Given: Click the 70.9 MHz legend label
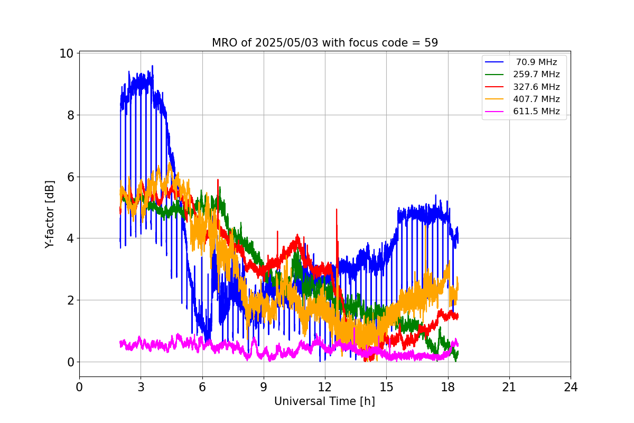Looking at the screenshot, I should pyautogui.click(x=536, y=62).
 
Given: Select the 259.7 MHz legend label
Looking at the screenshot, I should pyautogui.click(x=536, y=75).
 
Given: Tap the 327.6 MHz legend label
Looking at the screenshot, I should pyautogui.click(x=536, y=87).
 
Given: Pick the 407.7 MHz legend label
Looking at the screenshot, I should pyautogui.click(x=536, y=99).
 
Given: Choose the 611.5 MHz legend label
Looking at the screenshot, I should pyautogui.click(x=536, y=111).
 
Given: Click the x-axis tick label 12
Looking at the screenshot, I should pyautogui.click(x=325, y=387).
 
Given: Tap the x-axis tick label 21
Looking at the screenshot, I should pyautogui.click(x=509, y=387).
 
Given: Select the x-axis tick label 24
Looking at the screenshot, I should pyautogui.click(x=571, y=387).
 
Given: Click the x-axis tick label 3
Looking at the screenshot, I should pyautogui.click(x=141, y=387).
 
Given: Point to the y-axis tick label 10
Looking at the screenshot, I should pyautogui.click(x=67, y=54).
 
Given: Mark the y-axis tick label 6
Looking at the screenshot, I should pyautogui.click(x=70, y=177).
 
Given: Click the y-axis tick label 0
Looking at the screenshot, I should pyautogui.click(x=70, y=362).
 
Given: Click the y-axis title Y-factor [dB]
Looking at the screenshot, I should pyautogui.click(x=50, y=214).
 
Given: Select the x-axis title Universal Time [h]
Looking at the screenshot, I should pyautogui.click(x=324, y=401).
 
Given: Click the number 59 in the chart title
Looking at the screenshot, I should pyautogui.click(x=431, y=43).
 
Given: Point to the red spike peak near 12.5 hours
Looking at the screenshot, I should pyautogui.click(x=336, y=209).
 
